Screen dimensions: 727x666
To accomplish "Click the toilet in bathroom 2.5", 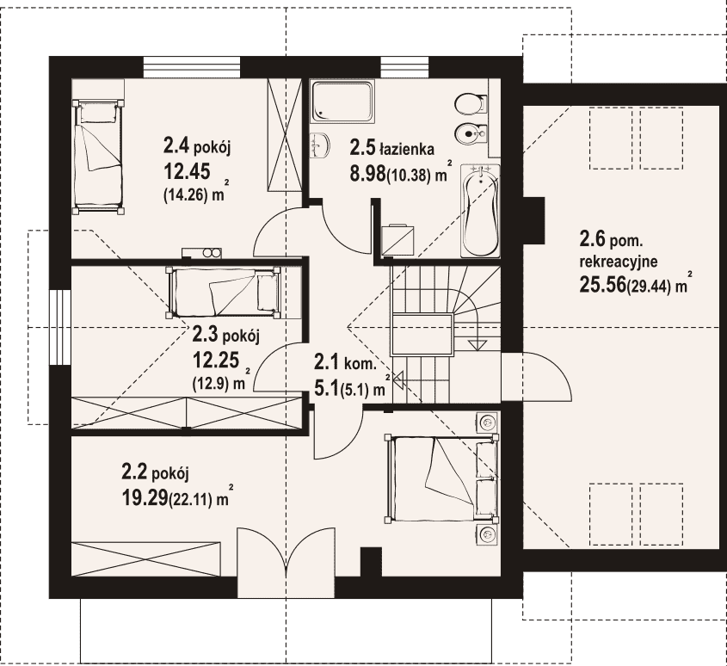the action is point(471,103).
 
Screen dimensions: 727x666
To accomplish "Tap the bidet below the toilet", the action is point(471,134).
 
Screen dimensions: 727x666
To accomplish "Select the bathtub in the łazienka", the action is point(480,211).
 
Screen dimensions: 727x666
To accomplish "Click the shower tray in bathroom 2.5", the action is point(342,102).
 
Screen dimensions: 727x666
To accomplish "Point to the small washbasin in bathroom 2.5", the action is point(319,144).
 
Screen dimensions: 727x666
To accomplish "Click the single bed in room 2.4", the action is point(98,157).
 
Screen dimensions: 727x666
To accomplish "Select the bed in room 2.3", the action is point(224,293).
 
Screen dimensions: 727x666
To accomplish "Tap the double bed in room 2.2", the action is point(441,478).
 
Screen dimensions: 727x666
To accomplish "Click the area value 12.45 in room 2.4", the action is point(187,171).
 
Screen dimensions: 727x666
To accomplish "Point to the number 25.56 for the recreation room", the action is point(602,285).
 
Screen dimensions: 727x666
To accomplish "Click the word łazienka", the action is point(407,150).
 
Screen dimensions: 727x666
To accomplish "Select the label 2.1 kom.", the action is point(344,362).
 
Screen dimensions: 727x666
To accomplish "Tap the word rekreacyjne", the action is point(619,262).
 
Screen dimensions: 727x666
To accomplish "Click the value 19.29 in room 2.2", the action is point(145,498).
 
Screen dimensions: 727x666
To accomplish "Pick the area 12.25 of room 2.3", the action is point(216,359).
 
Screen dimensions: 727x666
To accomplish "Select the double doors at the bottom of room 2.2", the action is point(286,562).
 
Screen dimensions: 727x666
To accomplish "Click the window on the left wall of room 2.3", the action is point(60,328).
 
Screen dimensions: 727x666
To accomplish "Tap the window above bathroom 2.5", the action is point(404,67).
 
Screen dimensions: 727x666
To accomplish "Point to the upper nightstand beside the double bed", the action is point(487,422).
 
